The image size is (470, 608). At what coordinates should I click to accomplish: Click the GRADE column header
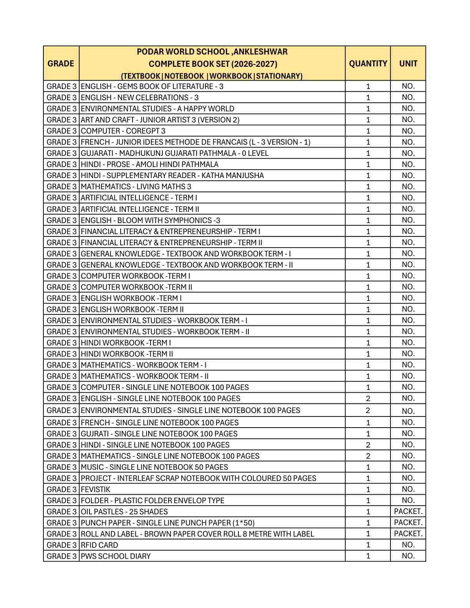point(61,63)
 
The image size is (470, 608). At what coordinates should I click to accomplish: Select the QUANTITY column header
point(367,63)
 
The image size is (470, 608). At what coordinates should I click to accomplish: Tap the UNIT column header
point(408,63)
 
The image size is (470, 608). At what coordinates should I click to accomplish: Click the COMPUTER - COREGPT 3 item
point(123,131)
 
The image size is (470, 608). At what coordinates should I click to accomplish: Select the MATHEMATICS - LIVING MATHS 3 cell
point(136,187)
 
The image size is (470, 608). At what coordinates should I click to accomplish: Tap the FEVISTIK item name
point(96,489)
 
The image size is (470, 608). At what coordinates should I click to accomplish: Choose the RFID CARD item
point(99,545)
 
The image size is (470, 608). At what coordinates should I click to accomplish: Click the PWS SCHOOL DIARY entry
point(116,556)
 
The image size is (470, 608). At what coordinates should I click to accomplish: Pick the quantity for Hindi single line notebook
point(367,445)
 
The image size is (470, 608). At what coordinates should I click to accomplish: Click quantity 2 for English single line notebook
point(367,398)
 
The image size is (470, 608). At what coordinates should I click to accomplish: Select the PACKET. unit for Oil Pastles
point(408,512)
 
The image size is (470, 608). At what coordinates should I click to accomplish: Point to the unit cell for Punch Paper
point(408,523)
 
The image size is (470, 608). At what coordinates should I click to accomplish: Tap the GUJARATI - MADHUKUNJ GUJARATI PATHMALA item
point(175,153)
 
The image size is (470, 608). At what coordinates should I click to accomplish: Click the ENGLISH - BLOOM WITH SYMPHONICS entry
point(151,220)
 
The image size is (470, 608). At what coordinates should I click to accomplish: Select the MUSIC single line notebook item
point(154,467)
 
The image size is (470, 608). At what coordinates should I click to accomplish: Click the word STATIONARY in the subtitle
point(279,76)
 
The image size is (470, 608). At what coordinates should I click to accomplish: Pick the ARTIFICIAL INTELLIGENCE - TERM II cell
point(140,209)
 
